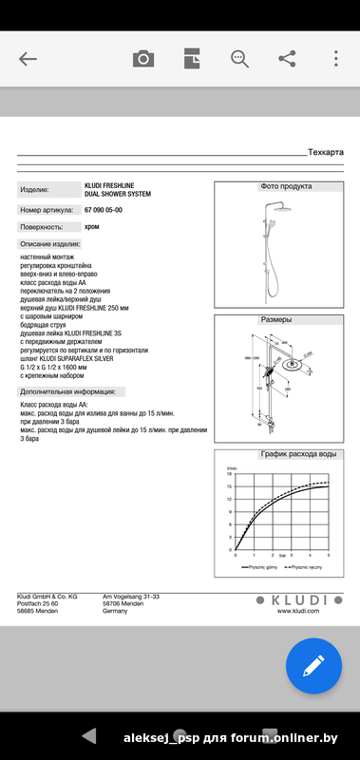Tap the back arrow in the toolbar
point(28,59)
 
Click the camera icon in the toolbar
point(142,59)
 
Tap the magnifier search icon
point(239,59)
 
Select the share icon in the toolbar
point(287,59)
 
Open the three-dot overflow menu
point(335,59)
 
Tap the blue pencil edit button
point(313,666)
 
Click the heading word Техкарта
point(326,152)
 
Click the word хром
point(92,228)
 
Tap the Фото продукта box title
point(285,187)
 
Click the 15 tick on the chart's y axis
point(229,485)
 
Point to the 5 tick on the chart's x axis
point(329,555)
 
